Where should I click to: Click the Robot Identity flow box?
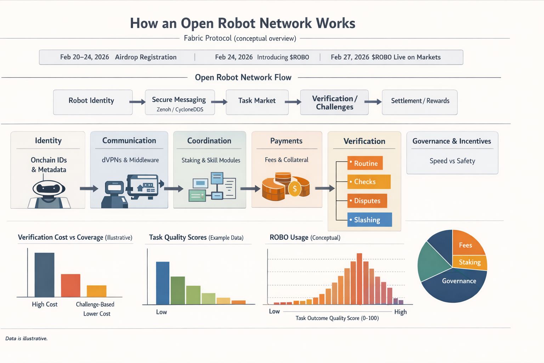[93, 102]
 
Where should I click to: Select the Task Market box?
[257, 102]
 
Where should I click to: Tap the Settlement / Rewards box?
[420, 102]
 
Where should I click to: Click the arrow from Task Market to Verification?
[293, 102]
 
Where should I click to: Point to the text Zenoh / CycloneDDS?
[180, 110]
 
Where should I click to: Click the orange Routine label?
[365, 163]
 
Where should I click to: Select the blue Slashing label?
[369, 220]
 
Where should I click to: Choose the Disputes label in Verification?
[367, 201]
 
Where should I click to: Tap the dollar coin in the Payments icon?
[295, 189]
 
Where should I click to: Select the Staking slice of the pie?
[470, 262]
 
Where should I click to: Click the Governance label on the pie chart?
[459, 281]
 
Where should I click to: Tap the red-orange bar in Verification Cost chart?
[70, 285]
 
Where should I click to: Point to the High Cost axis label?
[45, 305]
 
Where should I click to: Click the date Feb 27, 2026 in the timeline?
[350, 57]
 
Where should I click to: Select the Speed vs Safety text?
[452, 161]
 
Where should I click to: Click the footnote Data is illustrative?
[27, 339]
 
